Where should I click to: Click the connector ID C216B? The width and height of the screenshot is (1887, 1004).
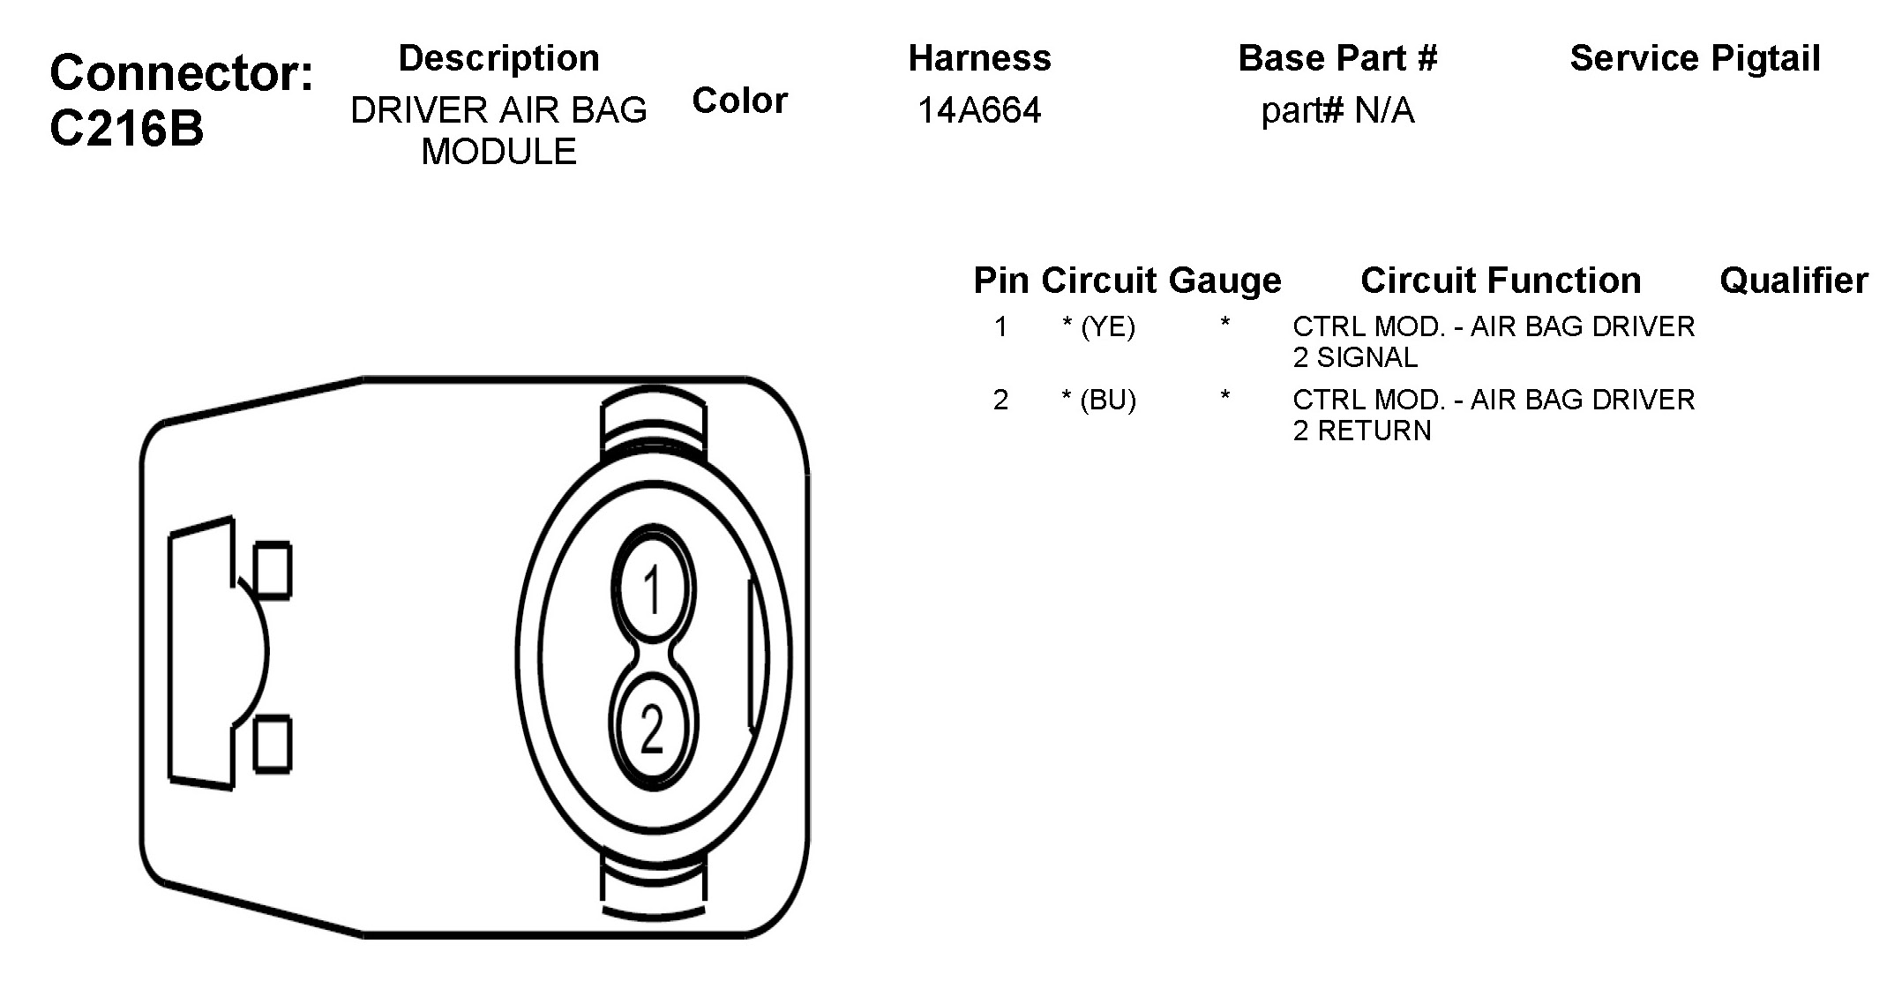tap(126, 129)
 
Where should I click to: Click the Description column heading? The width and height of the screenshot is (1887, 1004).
tap(499, 58)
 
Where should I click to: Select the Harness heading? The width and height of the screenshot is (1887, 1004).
tap(980, 58)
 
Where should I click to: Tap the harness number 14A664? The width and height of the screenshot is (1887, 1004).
tap(979, 110)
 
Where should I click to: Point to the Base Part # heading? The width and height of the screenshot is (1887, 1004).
tap(1337, 58)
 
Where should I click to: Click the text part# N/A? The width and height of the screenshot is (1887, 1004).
tap(1337, 111)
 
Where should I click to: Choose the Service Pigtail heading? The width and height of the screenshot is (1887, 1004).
tap(1695, 59)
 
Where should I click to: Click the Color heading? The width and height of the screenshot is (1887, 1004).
tap(739, 101)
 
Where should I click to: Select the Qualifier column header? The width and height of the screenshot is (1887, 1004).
tap(1793, 281)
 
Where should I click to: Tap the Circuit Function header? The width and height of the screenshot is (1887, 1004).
tap(1501, 281)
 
